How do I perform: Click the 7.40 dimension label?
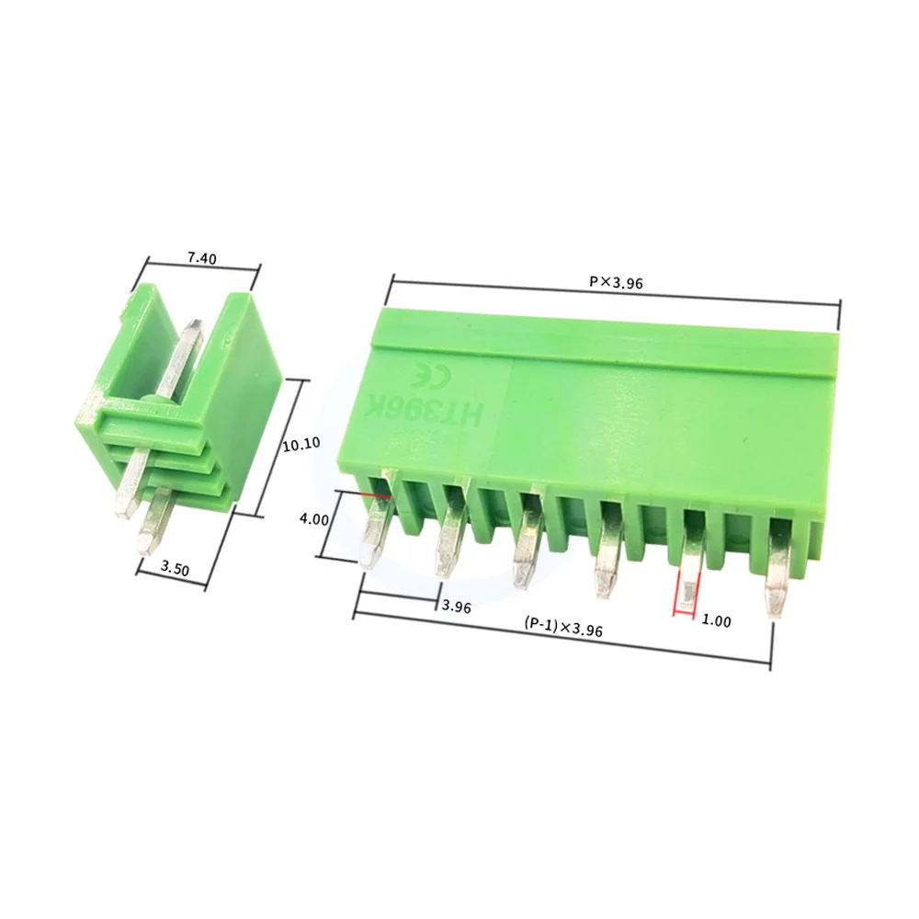(201, 259)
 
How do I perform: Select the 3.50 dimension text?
(175, 570)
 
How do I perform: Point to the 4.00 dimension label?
(314, 519)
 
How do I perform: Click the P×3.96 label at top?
(615, 283)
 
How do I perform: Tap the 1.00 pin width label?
(716, 621)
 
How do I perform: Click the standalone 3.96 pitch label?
(457, 607)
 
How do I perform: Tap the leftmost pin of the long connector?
(375, 533)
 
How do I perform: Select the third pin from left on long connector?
(526, 551)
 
